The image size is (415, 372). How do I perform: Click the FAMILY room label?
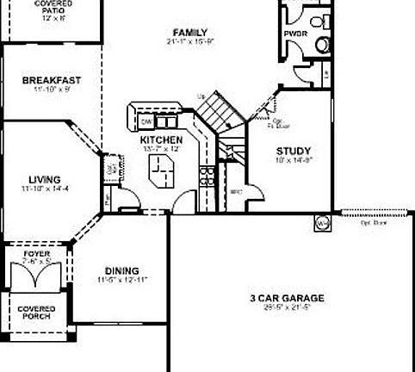(189, 32)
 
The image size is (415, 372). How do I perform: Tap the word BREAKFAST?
(51, 80)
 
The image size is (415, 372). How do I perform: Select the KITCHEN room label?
(161, 139)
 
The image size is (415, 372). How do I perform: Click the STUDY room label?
(293, 150)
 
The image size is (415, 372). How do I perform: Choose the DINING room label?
(122, 270)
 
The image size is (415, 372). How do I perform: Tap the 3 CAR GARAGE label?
(288, 298)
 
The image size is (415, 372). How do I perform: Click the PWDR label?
(294, 34)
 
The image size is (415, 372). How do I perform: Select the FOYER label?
(36, 254)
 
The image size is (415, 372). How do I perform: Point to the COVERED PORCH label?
(36, 312)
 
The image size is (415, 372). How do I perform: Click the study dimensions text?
(293, 159)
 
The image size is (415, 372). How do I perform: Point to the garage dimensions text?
(288, 307)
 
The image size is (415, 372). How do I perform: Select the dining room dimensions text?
(122, 279)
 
